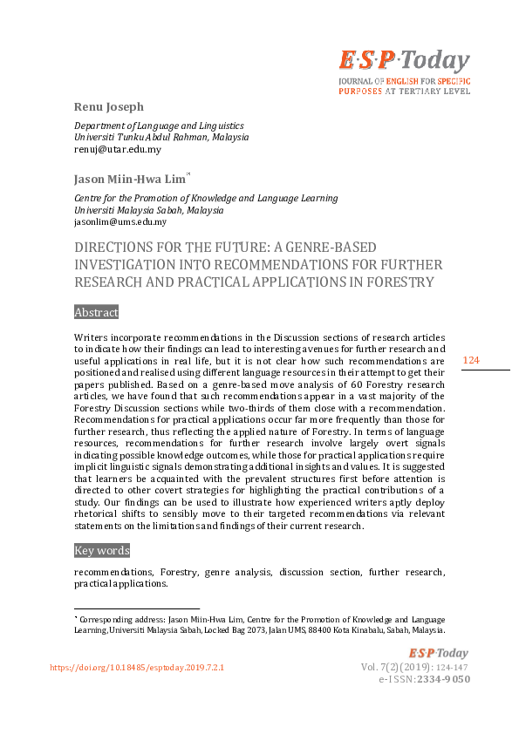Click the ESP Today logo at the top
pyautogui.click(x=404, y=61)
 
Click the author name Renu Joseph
pyautogui.click(x=107, y=107)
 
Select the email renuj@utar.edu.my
pyautogui.click(x=118, y=149)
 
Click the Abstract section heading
pyautogui.click(x=96, y=312)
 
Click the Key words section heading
pyautogui.click(x=102, y=550)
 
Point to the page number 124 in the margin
pyautogui.click(x=471, y=361)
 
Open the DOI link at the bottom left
pyautogui.click(x=137, y=667)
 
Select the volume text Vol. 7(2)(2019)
pyautogui.click(x=396, y=667)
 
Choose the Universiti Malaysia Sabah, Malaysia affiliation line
pyautogui.click(x=148, y=210)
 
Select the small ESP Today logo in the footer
pyautogui.click(x=439, y=653)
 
